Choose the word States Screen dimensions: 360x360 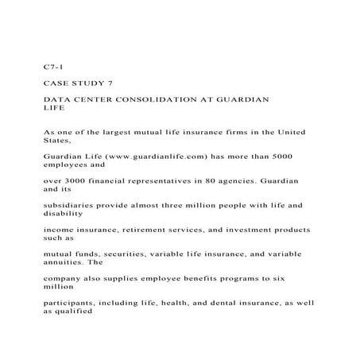pos(56,140)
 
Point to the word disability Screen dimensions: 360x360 pos(64,214)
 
